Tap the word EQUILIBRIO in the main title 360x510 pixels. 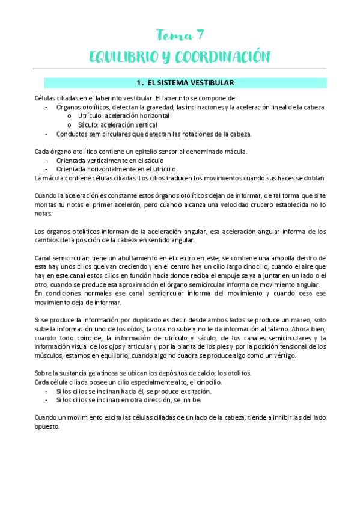click(123, 57)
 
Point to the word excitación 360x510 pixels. click(177, 391)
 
